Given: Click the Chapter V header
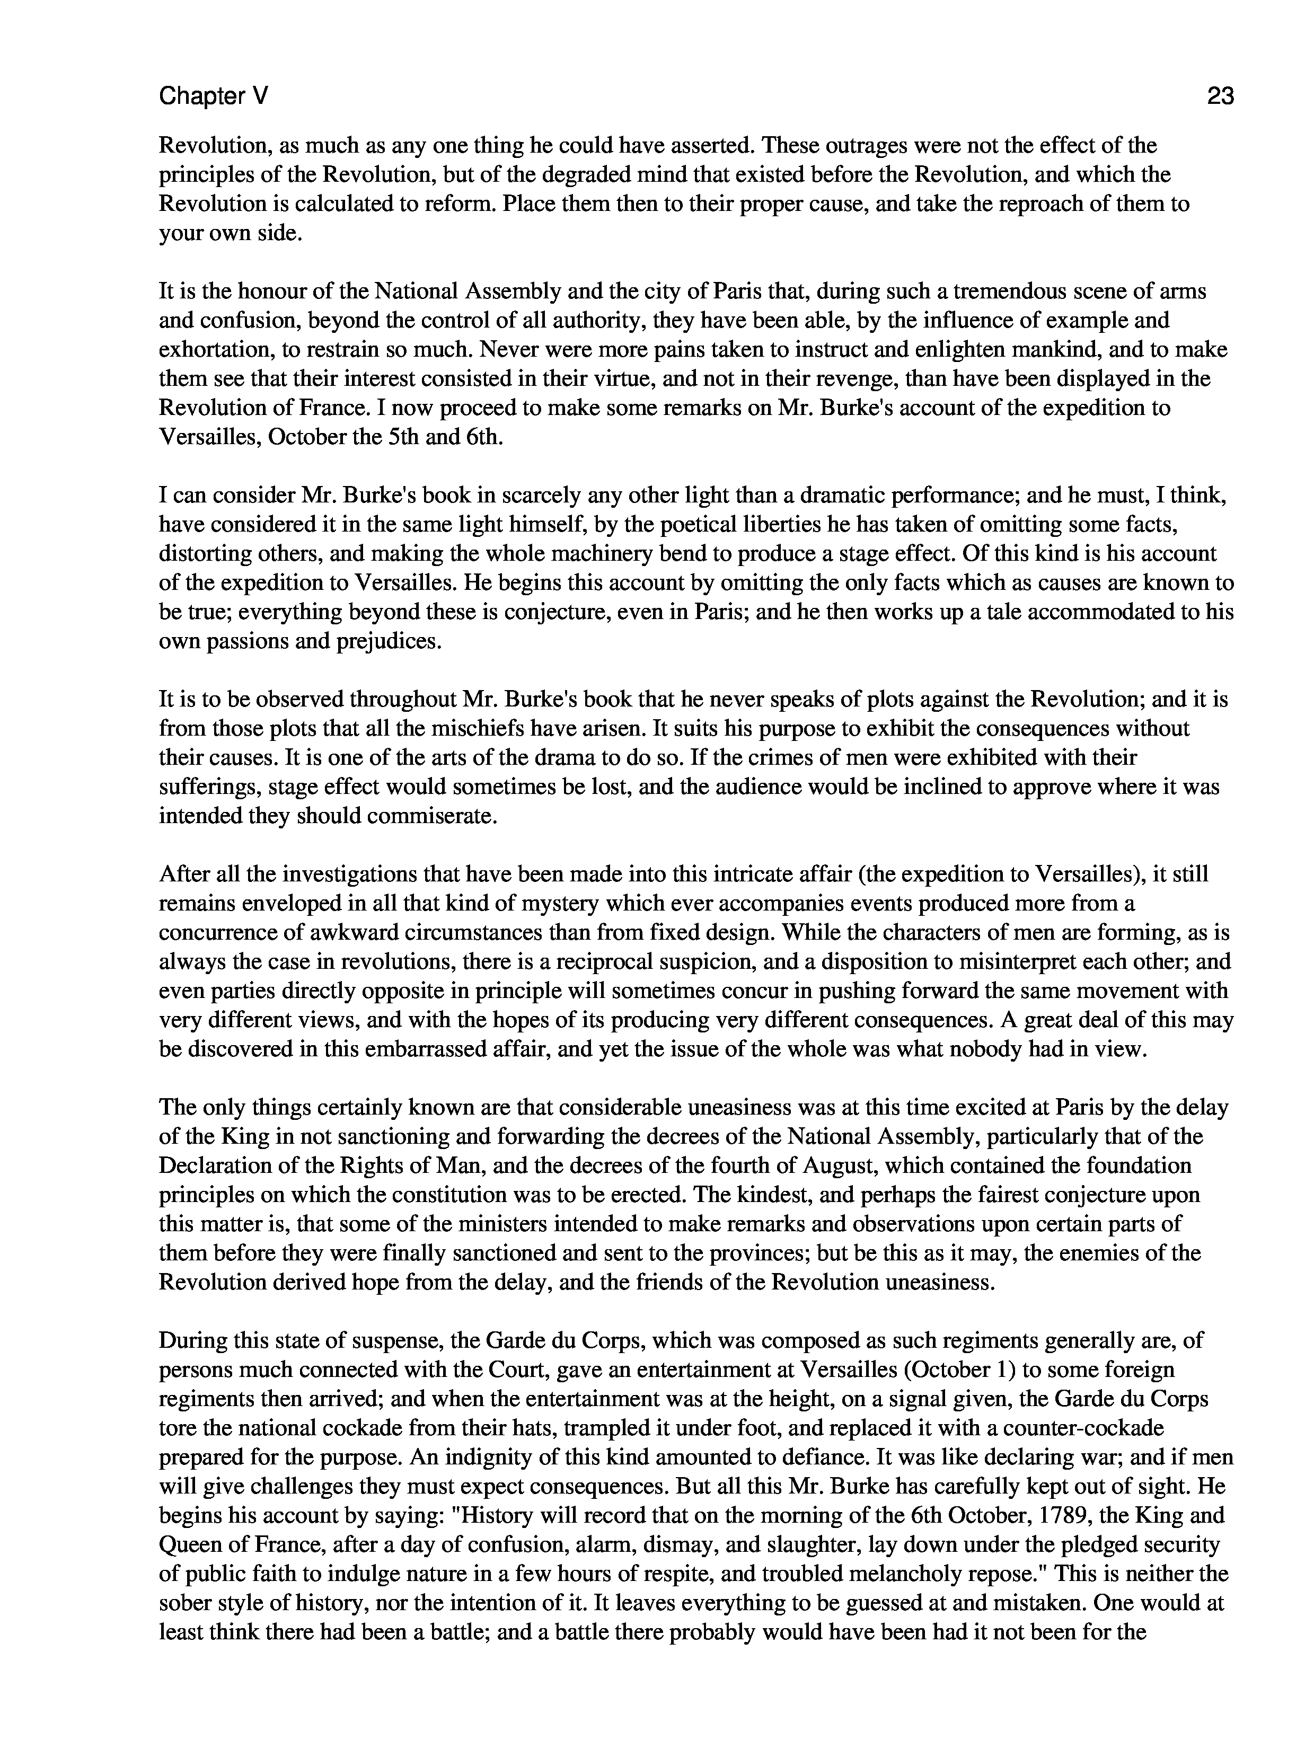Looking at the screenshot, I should (214, 96).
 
